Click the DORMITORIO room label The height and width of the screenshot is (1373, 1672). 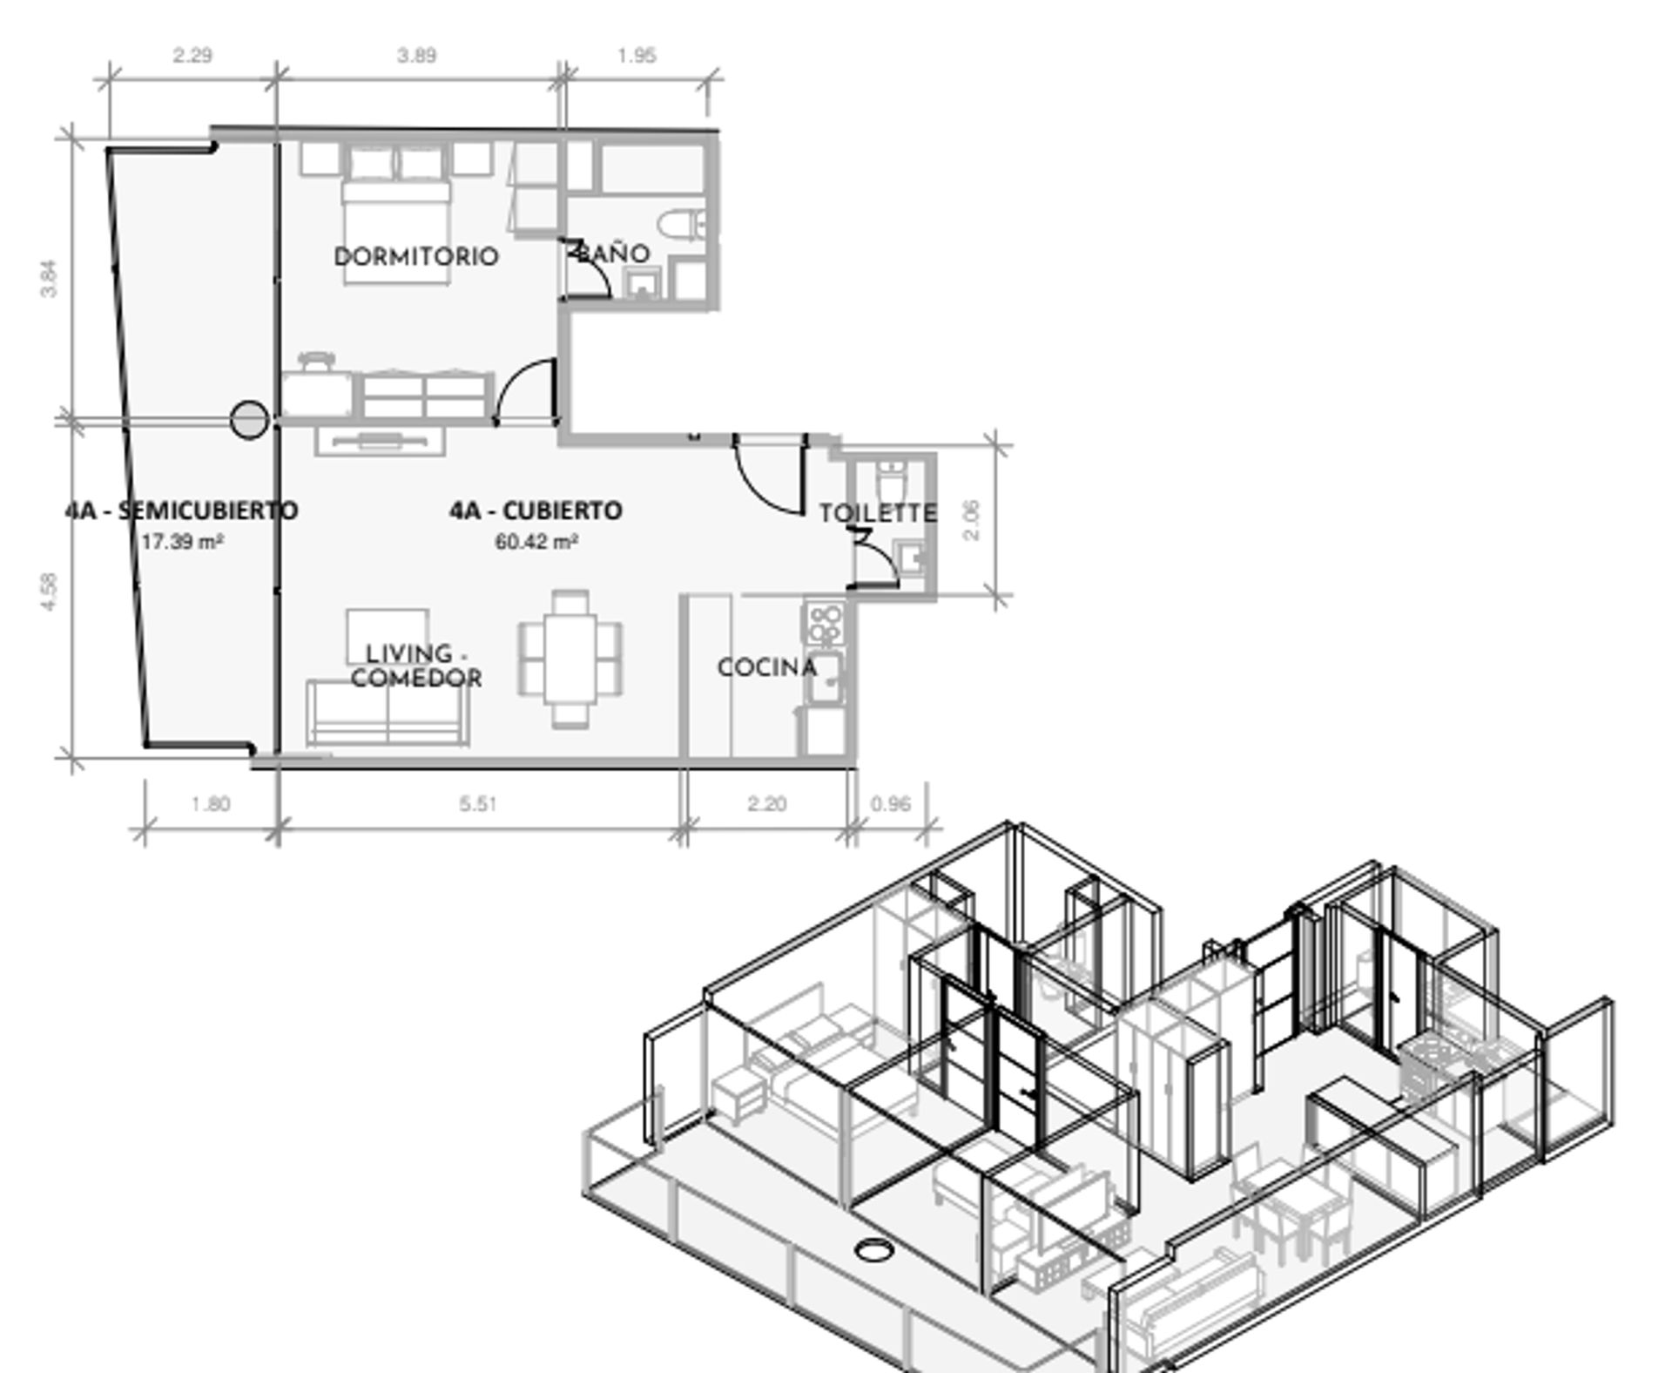click(x=416, y=256)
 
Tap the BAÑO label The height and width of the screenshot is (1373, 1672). click(x=613, y=253)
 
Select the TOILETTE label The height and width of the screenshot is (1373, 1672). click(x=878, y=513)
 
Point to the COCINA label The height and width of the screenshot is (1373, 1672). click(x=767, y=667)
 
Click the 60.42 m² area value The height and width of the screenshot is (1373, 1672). click(x=536, y=542)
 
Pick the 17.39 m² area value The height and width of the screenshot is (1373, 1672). click(x=182, y=542)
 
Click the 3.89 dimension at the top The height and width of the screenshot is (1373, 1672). click(x=417, y=56)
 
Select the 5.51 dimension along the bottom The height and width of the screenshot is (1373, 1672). click(x=478, y=803)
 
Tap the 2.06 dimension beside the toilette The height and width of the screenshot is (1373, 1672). click(x=972, y=520)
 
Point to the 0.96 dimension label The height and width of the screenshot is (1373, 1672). click(x=891, y=803)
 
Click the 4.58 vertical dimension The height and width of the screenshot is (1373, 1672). click(x=49, y=591)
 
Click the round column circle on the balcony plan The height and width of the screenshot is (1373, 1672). click(x=249, y=420)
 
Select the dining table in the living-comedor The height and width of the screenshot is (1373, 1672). click(x=570, y=659)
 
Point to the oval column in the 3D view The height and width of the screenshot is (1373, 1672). click(x=873, y=1249)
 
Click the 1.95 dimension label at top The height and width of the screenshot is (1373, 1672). click(x=637, y=56)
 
